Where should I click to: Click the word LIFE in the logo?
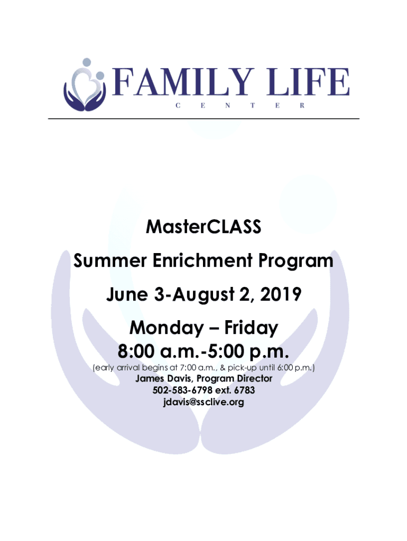pos(308,82)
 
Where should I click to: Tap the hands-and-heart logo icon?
pos(85,85)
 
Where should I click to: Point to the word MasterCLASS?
pos(203,227)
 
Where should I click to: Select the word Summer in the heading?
pos(110,260)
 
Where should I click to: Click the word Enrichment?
pos(202,260)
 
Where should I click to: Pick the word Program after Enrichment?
pos(296,262)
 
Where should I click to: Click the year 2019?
pos(281,294)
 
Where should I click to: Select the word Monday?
pos(166,329)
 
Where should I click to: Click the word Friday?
pos(251,329)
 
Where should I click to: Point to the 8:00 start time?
pos(136,351)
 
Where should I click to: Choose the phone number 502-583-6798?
pos(182,390)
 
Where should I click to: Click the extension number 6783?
pos(244,390)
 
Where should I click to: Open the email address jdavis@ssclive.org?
pos(203,402)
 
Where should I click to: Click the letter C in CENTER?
pos(178,106)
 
